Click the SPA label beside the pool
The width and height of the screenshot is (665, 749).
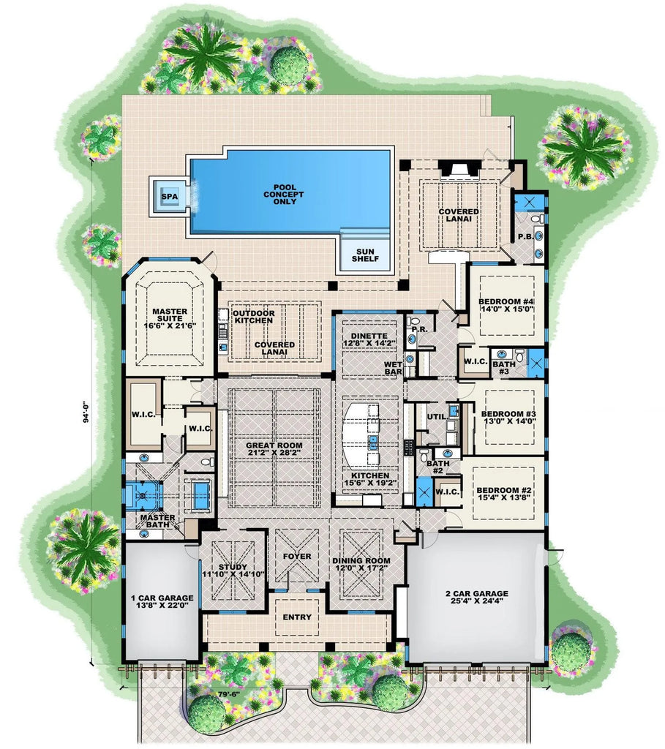click(170, 197)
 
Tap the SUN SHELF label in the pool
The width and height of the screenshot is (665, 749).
click(366, 255)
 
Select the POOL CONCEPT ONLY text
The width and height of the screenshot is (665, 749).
click(285, 195)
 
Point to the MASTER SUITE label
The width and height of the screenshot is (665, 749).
click(170, 319)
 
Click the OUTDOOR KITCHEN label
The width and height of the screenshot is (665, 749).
click(254, 317)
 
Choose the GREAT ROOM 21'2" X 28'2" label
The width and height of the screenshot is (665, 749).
click(274, 448)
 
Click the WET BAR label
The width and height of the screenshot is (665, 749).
click(393, 368)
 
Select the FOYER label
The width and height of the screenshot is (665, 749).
click(297, 556)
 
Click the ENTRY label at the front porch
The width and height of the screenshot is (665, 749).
click(297, 617)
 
